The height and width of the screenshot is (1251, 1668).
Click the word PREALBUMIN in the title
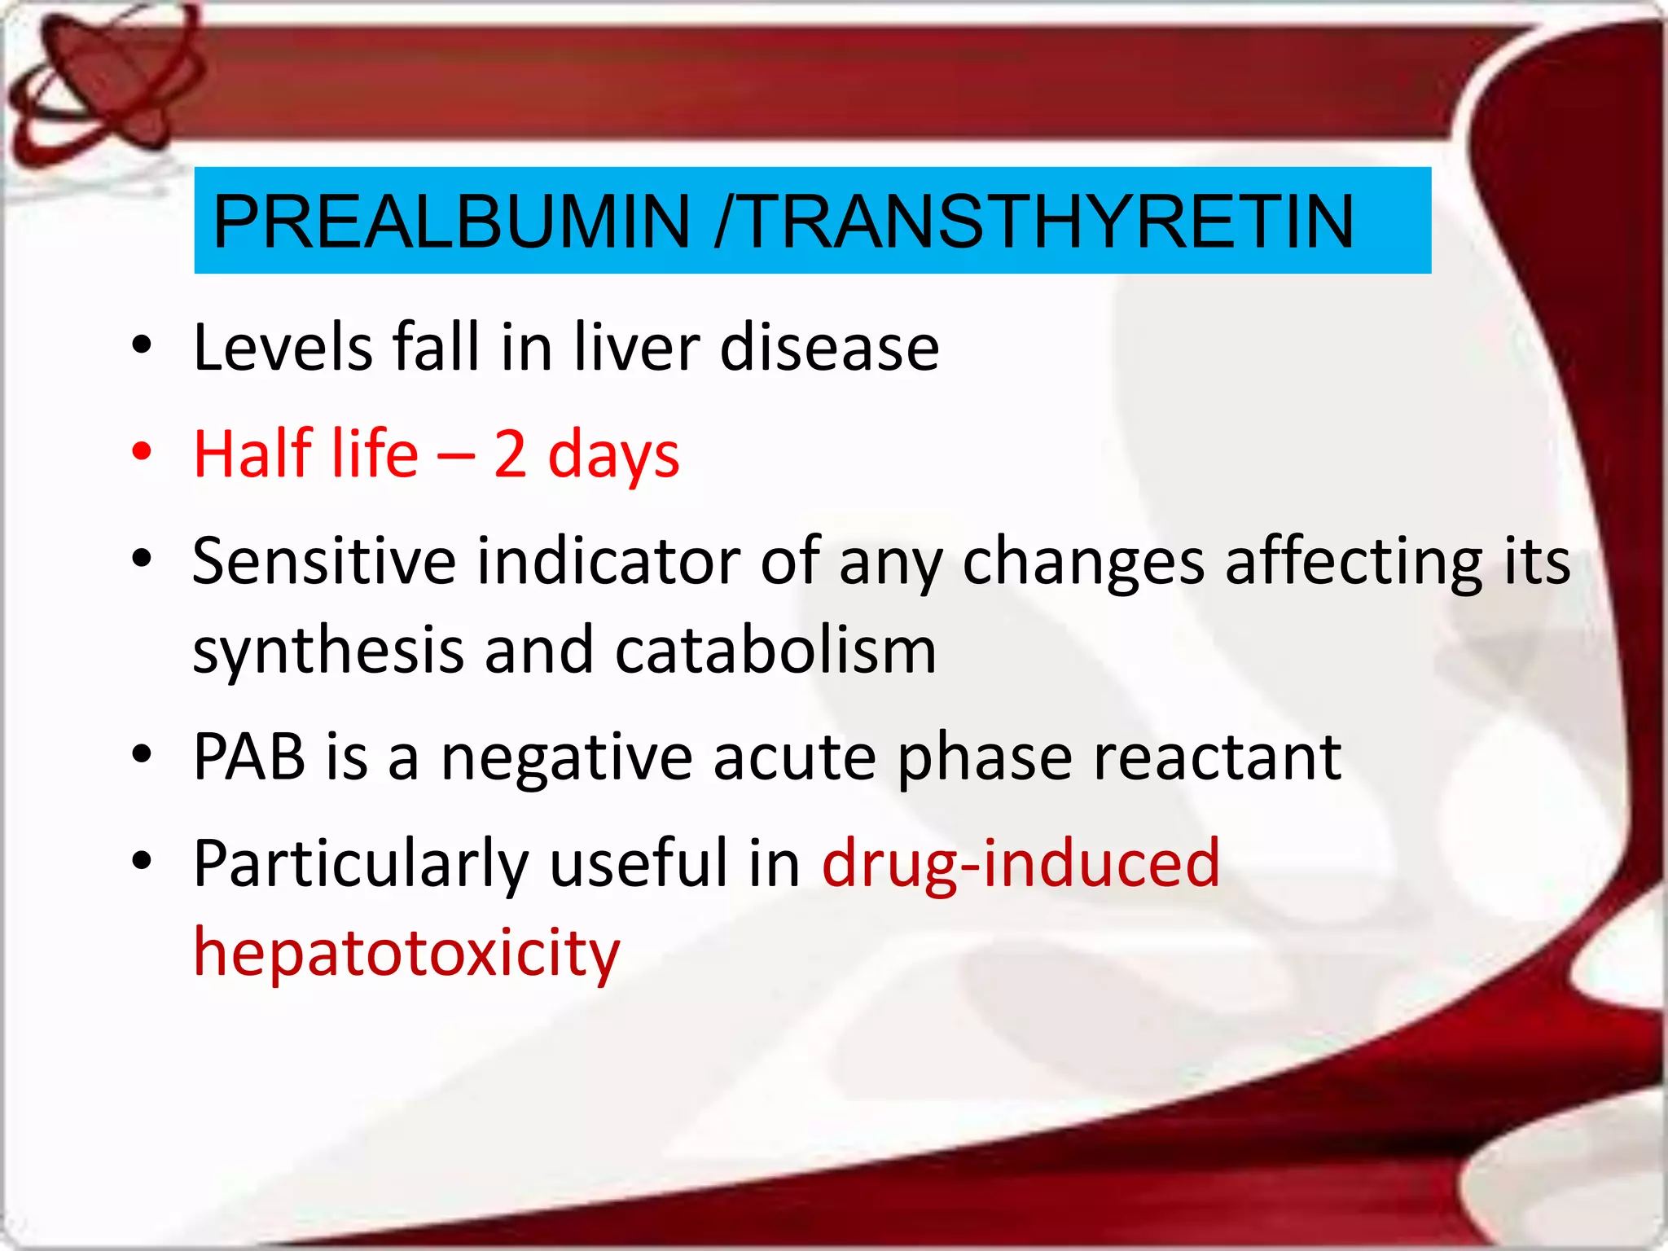pos(452,222)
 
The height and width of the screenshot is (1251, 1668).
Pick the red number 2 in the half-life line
pos(511,454)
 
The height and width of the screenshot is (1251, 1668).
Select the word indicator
pos(608,561)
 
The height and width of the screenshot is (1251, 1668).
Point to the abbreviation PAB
pos(248,757)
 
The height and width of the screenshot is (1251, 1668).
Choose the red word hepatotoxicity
pos(406,953)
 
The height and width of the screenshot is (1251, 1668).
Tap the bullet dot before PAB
pos(142,753)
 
